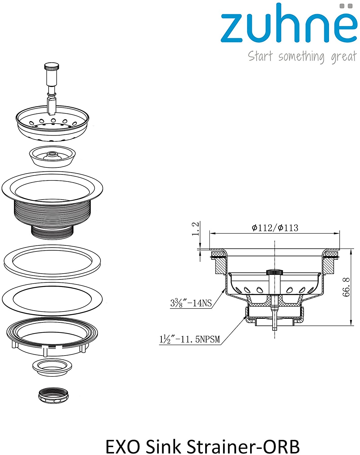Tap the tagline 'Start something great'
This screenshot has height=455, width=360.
302,57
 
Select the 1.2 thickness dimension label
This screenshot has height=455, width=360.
195,229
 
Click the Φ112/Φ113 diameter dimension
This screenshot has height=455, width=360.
275,228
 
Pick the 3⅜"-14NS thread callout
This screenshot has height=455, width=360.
191,303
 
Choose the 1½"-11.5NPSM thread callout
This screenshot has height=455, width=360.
190,339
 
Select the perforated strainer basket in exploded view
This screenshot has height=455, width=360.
52,123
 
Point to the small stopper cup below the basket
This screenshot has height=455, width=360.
52,157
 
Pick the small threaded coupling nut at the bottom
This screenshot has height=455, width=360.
53,395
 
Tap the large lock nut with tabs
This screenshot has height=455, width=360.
52,337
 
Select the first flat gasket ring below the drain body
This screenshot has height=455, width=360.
52,262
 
